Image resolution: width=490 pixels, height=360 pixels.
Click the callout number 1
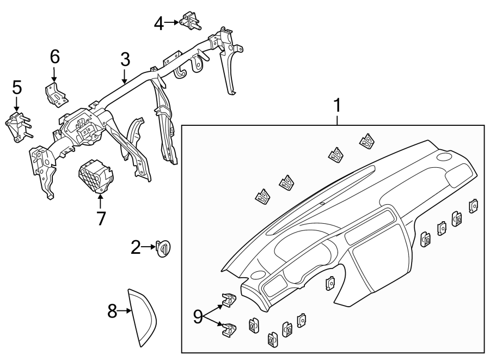[338, 105]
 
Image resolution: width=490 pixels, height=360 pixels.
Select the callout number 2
[136, 248]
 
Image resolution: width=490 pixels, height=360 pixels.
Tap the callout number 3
[125, 60]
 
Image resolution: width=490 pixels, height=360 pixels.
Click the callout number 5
[17, 87]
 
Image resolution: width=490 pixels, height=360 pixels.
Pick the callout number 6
[54, 56]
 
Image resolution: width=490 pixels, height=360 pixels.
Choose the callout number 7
[101, 218]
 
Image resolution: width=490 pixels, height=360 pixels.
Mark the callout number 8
[112, 312]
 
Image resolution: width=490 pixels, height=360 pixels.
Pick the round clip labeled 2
[163, 248]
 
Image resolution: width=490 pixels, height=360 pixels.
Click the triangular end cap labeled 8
[142, 316]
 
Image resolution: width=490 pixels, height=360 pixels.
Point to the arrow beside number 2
[149, 248]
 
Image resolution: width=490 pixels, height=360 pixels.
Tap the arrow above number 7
[100, 200]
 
